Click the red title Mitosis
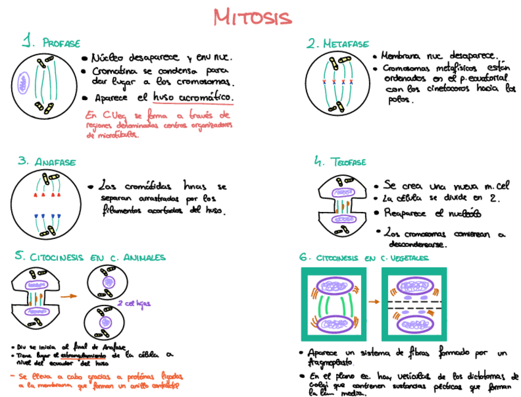coord(253,17)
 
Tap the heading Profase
coord(61,43)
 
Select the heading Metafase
coord(346,44)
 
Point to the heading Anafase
coord(55,162)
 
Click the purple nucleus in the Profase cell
coord(24,82)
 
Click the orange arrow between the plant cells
coord(372,302)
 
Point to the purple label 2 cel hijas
coord(134,303)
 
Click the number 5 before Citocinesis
coord(20,256)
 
